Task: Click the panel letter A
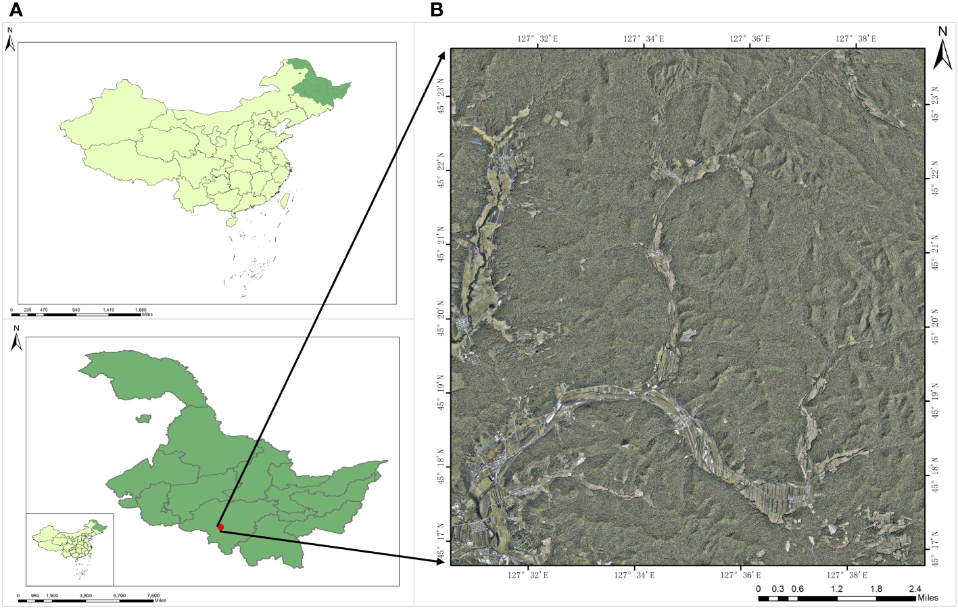point(15,10)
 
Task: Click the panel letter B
point(437,10)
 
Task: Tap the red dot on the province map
point(220,527)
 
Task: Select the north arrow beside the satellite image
point(942,49)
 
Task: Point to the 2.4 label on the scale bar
point(915,588)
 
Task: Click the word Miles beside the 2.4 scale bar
point(928,598)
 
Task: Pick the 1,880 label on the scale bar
point(141,310)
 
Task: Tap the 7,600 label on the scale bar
point(153,596)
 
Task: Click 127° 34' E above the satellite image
point(644,39)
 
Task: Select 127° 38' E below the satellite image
point(847,575)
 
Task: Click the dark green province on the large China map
point(318,85)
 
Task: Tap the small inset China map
point(70,548)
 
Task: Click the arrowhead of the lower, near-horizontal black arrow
point(441,561)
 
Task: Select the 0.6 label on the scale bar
point(798,588)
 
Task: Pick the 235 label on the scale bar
point(28,310)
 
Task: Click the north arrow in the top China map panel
point(10,40)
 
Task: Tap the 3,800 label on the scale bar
point(86,596)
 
